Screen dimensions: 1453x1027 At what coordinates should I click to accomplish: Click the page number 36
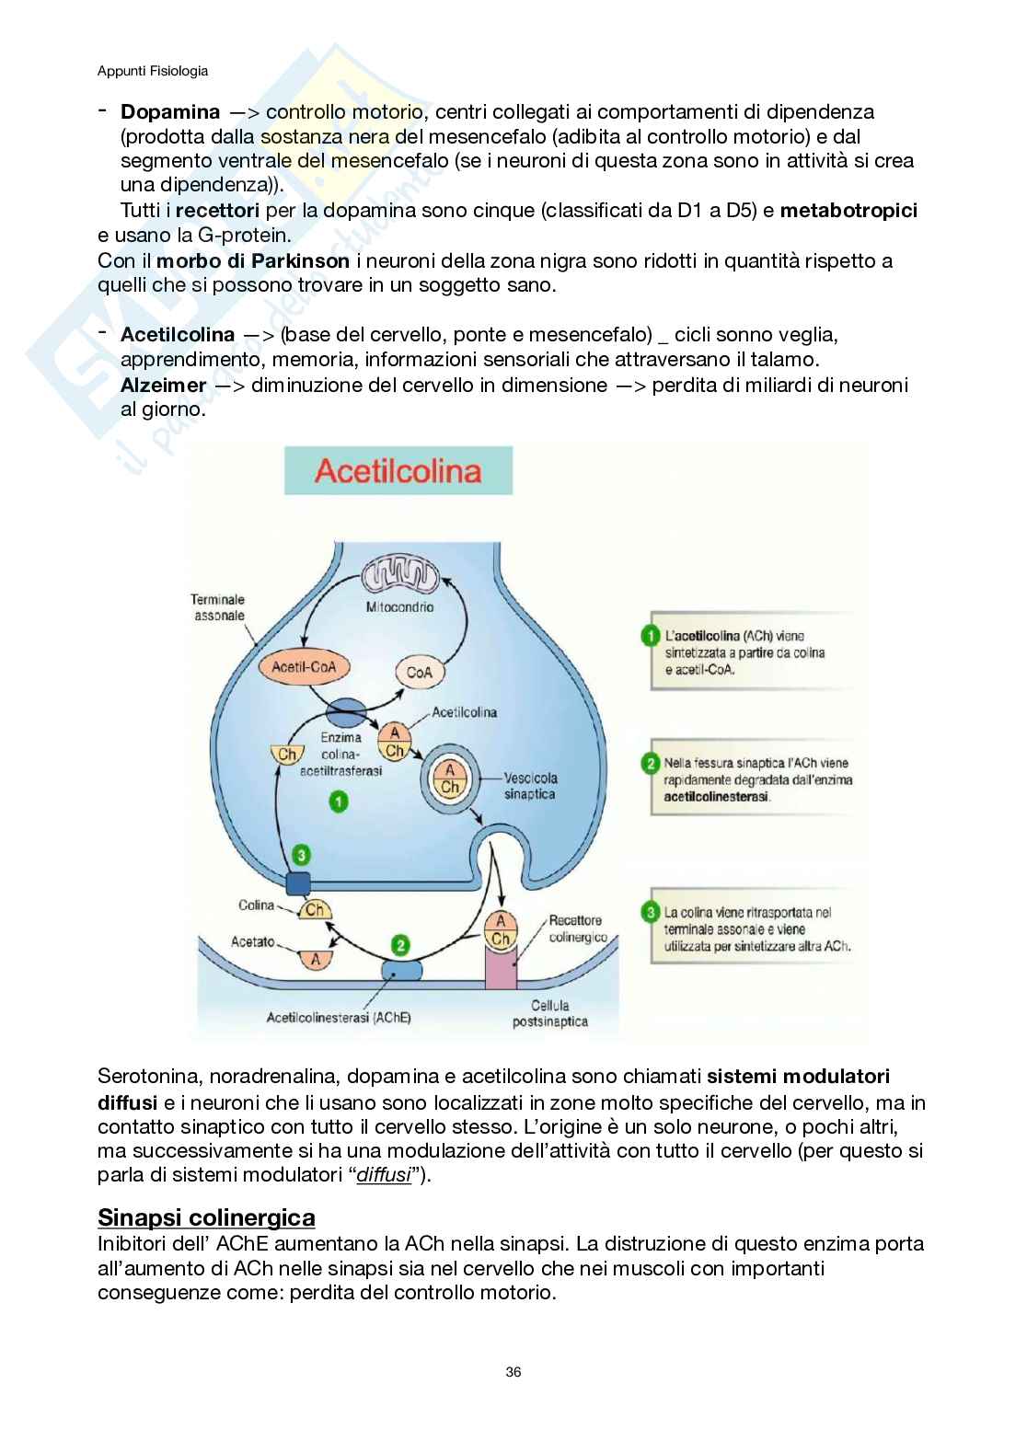[513, 1371]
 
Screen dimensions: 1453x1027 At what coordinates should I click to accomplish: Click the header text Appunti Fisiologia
[153, 71]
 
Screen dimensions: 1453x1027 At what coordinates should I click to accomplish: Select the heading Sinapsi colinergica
[206, 1217]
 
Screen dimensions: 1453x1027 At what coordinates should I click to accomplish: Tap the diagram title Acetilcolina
[398, 471]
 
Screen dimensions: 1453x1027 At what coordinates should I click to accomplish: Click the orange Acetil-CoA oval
[304, 667]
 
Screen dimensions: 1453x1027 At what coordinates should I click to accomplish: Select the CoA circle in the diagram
[419, 672]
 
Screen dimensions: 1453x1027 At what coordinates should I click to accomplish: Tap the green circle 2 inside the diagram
[400, 945]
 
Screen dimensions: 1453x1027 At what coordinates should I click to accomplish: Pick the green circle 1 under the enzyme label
[338, 801]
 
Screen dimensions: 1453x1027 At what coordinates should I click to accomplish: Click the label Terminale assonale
[218, 607]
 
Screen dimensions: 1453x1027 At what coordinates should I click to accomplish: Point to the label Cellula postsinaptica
[550, 1013]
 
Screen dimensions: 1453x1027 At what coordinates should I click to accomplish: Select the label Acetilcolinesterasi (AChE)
[339, 1017]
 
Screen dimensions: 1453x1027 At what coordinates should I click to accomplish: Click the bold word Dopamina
[170, 112]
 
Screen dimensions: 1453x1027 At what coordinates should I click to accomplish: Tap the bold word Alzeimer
[163, 385]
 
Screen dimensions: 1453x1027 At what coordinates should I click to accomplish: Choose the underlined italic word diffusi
[383, 1175]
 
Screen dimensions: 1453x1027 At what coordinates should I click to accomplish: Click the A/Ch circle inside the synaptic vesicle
[450, 778]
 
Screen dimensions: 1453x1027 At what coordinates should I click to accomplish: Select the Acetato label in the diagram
[253, 941]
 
